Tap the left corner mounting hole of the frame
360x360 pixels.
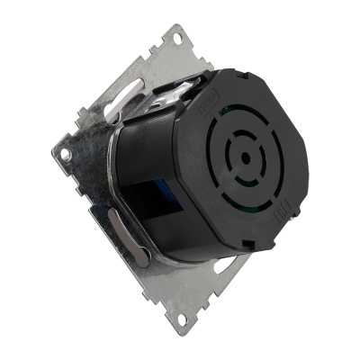click(x=66, y=154)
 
